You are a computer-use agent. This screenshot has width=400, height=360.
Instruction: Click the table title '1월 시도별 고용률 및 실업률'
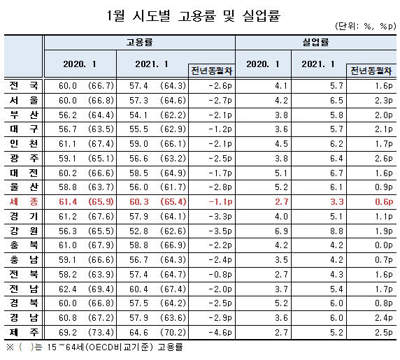click(194, 15)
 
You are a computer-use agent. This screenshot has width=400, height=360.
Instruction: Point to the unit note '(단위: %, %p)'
click(365, 26)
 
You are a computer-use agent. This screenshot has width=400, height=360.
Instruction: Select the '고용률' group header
click(139, 42)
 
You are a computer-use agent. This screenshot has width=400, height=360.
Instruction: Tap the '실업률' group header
click(315, 42)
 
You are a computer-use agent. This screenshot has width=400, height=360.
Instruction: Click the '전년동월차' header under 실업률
click(371, 71)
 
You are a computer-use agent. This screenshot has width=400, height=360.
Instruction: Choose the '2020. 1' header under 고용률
click(80, 64)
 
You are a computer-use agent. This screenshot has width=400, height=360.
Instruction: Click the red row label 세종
click(24, 202)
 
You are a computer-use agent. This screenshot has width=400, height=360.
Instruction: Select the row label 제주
click(24, 332)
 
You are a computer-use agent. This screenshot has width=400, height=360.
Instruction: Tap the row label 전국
click(24, 85)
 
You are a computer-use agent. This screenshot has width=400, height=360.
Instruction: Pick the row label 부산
click(24, 115)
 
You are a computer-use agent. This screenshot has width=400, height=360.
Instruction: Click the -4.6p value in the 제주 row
click(220, 333)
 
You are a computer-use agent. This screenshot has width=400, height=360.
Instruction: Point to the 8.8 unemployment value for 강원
click(336, 231)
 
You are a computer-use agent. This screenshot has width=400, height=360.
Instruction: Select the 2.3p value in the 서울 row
click(383, 100)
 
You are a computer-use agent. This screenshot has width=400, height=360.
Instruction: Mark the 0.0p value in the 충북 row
click(383, 245)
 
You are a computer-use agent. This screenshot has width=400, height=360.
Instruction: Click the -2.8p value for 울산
click(220, 187)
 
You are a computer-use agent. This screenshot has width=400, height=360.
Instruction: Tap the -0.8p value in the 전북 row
click(220, 274)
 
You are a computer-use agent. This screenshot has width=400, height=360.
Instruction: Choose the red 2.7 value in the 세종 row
click(281, 202)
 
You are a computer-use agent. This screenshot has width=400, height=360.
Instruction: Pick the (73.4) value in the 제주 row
click(101, 333)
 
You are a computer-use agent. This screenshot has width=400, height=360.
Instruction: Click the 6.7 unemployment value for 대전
click(336, 173)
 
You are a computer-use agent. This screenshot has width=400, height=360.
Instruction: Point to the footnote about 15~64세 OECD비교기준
click(94, 347)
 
